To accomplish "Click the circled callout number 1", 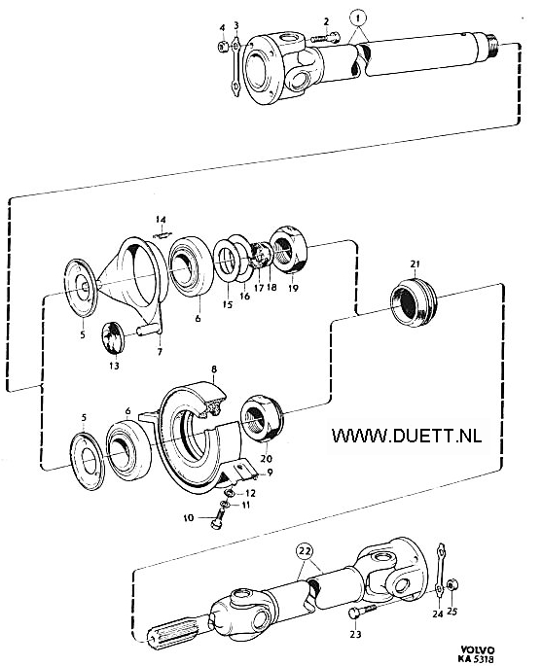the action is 358,18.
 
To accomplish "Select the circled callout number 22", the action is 306,552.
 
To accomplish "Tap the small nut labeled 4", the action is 223,47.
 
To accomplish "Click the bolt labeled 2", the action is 326,38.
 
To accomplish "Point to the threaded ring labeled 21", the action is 414,301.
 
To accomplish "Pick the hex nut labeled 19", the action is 289,250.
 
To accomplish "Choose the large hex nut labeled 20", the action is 261,418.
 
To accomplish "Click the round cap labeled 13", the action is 114,337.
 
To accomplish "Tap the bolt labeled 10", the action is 217,518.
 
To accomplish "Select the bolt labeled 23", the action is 363,612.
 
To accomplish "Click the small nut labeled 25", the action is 452,585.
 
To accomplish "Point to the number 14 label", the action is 161,220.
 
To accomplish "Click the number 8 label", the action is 214,369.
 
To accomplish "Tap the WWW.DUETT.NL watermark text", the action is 407,435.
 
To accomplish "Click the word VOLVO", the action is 478,650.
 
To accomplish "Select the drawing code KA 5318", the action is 476,659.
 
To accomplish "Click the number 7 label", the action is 160,352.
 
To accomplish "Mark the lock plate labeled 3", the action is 236,67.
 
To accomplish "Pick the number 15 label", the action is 228,304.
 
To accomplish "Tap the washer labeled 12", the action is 230,492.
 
